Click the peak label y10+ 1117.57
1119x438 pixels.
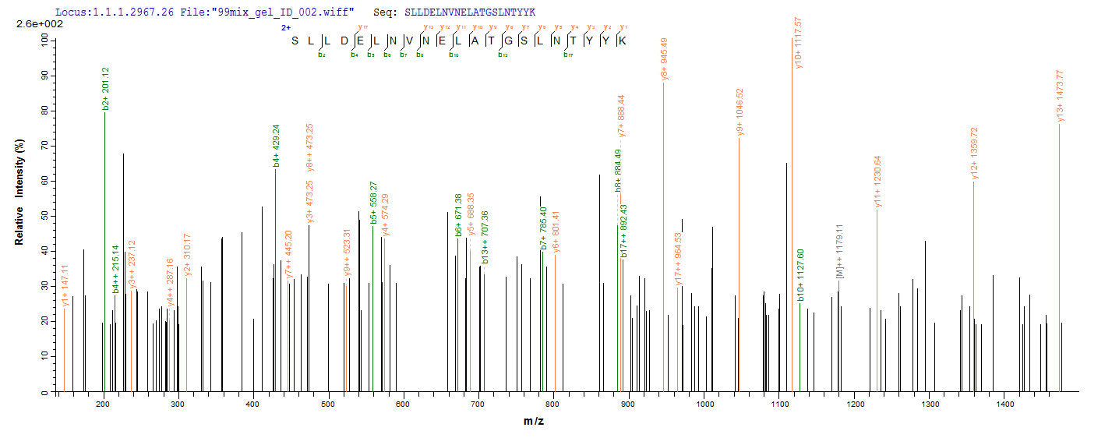coord(798,43)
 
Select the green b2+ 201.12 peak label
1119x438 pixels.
coord(105,88)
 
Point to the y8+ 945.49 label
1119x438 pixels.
coord(664,58)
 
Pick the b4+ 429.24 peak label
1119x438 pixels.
coord(276,146)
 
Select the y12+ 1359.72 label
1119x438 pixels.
coord(973,155)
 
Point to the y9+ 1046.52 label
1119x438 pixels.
coord(740,112)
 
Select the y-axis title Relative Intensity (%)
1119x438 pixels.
coord(19,193)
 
